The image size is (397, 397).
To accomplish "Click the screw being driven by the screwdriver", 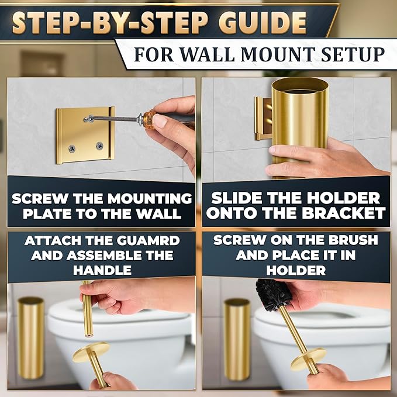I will [x=88, y=119].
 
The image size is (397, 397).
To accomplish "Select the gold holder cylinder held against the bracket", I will [x=299, y=123].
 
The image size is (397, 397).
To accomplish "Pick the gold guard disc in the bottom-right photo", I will [x=308, y=358].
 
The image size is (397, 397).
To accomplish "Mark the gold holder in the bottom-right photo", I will [x=237, y=339].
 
